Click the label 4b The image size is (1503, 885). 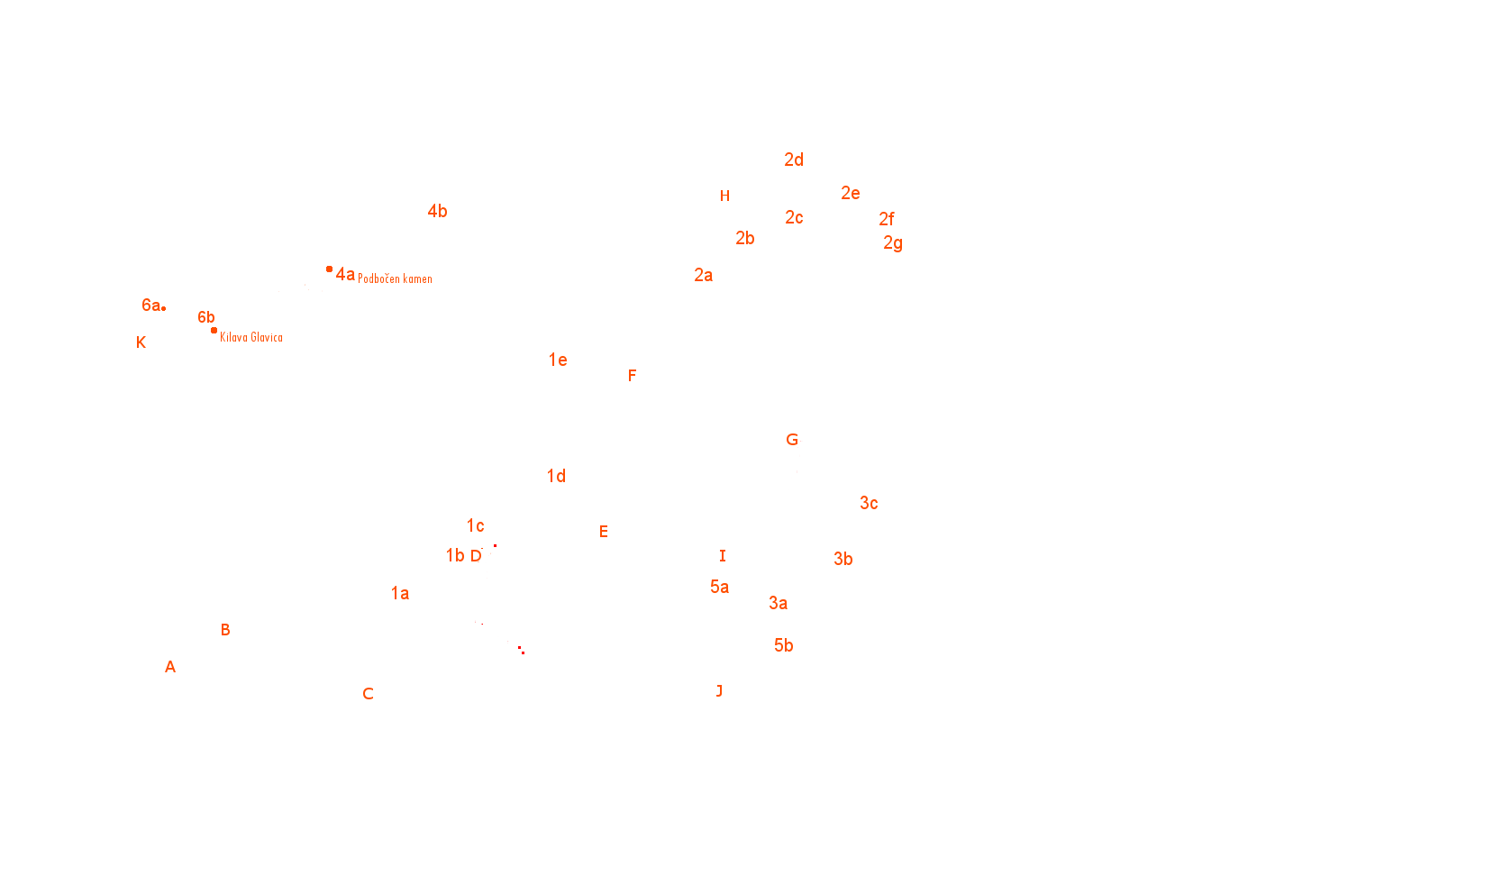pyautogui.click(x=438, y=212)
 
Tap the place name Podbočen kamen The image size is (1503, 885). pyautogui.click(x=395, y=278)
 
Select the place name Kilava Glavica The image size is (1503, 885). pyautogui.click(x=250, y=337)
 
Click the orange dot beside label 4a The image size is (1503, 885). pyautogui.click(x=330, y=269)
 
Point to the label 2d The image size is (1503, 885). pyautogui.click(x=794, y=160)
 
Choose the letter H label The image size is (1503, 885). pyautogui.click(x=724, y=196)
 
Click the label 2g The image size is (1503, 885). pyautogui.click(x=893, y=243)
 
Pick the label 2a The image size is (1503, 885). pyautogui.click(x=703, y=275)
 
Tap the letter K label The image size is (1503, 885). pyautogui.click(x=141, y=342)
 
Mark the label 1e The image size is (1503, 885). pyautogui.click(x=558, y=360)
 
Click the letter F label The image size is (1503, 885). pyautogui.click(x=632, y=376)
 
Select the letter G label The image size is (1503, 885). pyautogui.click(x=792, y=440)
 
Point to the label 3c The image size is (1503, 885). pyautogui.click(x=869, y=503)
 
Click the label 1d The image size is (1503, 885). pyautogui.click(x=556, y=477)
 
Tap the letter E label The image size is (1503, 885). pyautogui.click(x=604, y=532)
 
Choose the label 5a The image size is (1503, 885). pyautogui.click(x=719, y=587)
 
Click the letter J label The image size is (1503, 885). pyautogui.click(x=719, y=691)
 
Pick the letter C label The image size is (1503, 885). pyautogui.click(x=368, y=694)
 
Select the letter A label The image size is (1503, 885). pyautogui.click(x=170, y=667)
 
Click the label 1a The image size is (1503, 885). pyautogui.click(x=400, y=593)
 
